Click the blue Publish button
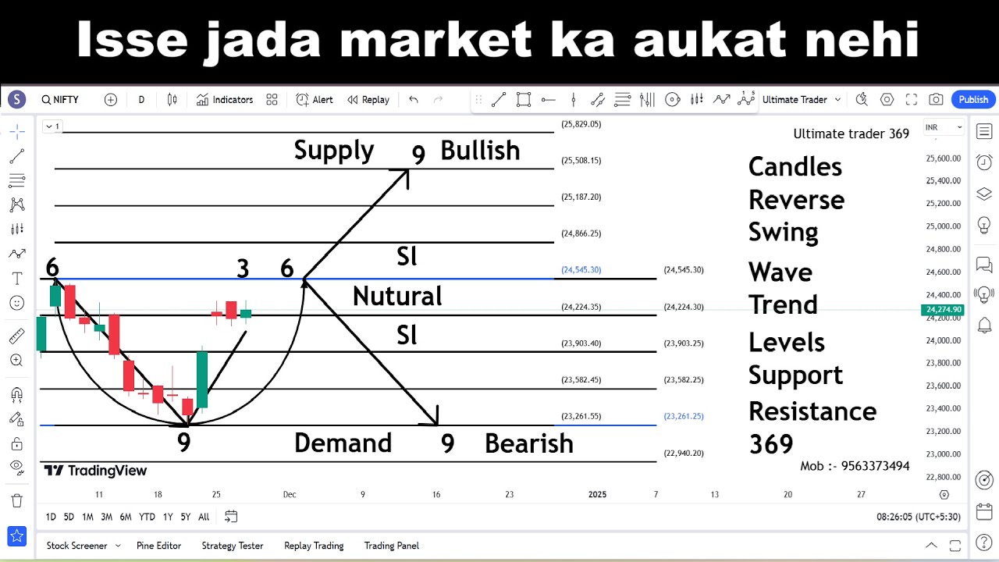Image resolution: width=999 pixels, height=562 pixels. [973, 99]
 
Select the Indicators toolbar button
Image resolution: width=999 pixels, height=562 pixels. [225, 99]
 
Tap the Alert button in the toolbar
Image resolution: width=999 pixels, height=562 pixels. [315, 99]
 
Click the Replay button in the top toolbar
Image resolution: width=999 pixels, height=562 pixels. [368, 99]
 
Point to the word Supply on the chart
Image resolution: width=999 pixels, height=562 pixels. [334, 150]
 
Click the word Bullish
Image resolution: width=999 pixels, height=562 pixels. [480, 150]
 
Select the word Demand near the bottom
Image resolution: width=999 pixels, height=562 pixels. [343, 443]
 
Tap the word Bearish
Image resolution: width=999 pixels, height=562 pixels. [528, 443]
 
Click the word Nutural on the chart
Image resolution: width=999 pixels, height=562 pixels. [397, 296]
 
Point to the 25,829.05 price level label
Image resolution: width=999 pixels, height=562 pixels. [581, 124]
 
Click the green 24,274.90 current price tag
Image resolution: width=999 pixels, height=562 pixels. [943, 310]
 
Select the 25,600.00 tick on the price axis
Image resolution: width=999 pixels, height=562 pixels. [942, 158]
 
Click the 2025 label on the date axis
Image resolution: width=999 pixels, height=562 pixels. [597, 494]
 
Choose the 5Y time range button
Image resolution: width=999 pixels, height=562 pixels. [185, 517]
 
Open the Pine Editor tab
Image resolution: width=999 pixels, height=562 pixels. [158, 546]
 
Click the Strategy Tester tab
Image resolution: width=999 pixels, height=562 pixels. [233, 546]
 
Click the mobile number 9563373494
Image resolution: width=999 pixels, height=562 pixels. [875, 466]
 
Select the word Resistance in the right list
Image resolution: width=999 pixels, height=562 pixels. [812, 411]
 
